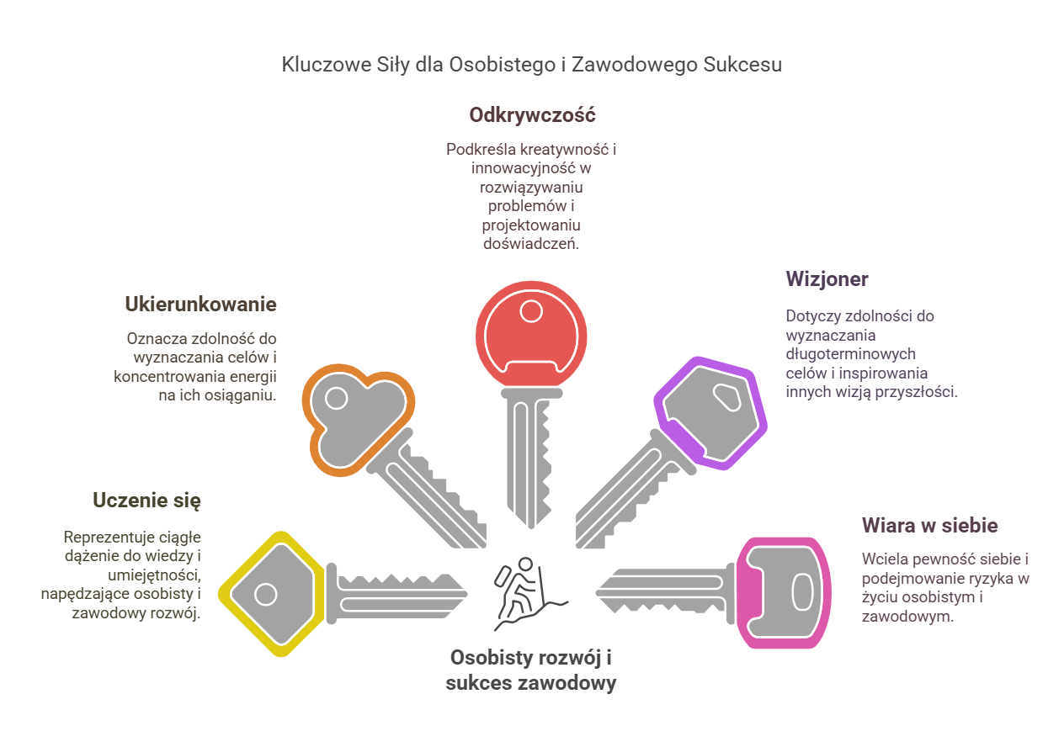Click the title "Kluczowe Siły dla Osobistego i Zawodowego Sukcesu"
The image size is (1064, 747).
click(531, 65)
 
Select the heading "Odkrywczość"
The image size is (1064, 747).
click(532, 114)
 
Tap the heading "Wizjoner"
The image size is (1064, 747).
click(827, 278)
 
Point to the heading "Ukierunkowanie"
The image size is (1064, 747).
click(200, 304)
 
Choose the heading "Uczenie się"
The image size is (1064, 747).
click(146, 501)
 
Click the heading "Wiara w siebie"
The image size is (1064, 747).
click(929, 526)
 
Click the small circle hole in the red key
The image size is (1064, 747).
click(531, 312)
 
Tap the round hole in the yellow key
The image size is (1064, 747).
click(266, 595)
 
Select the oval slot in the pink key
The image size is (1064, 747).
click(803, 592)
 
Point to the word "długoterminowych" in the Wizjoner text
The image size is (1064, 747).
click(850, 354)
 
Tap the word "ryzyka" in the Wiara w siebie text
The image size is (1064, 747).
click(992, 579)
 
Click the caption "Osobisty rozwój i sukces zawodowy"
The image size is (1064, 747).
click(531, 670)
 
